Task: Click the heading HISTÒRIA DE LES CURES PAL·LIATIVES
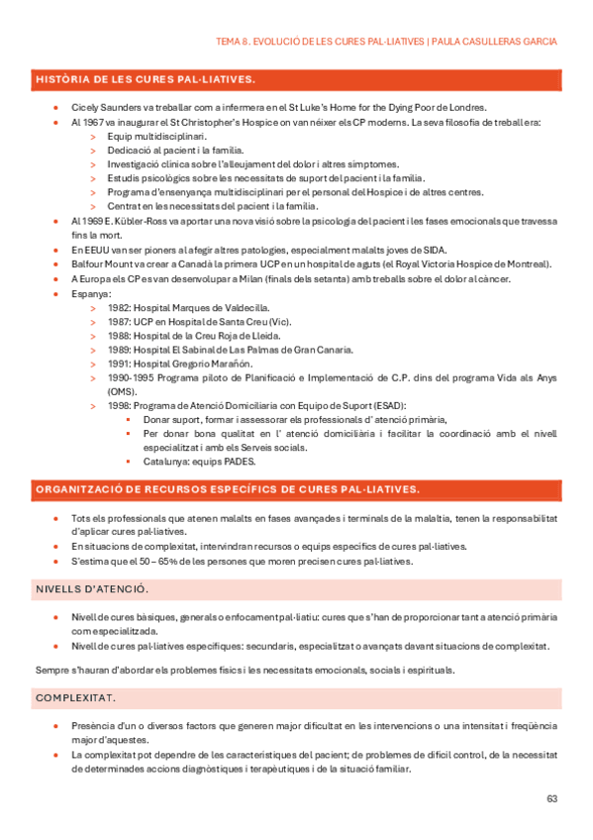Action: click(146, 78)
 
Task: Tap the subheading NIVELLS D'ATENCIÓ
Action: click(91, 589)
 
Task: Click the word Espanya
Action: click(91, 294)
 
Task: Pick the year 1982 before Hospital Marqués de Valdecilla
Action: click(119, 308)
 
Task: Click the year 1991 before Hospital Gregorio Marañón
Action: click(119, 365)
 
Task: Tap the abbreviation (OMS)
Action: click(123, 391)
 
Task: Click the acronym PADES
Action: click(240, 461)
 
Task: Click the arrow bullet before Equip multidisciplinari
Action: click(92, 137)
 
